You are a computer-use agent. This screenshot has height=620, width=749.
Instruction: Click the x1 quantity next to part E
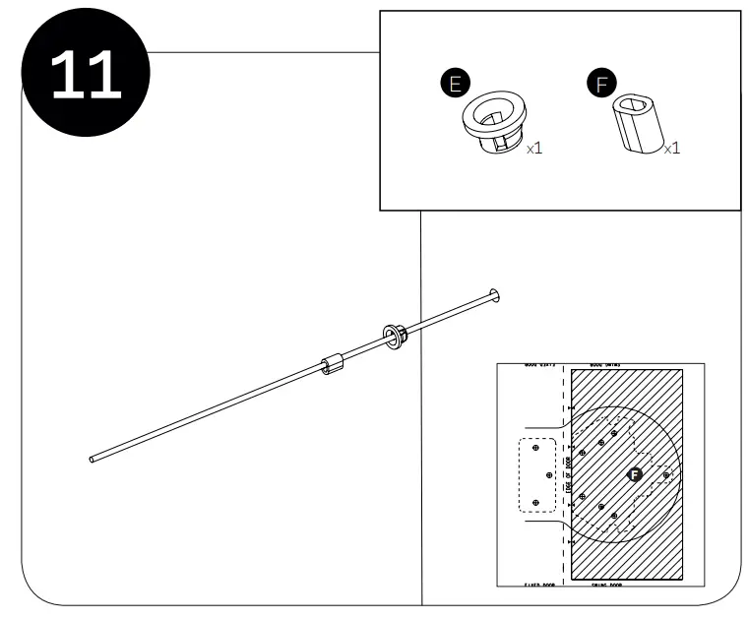tap(535, 149)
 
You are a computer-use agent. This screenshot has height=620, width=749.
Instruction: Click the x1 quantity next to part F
tap(672, 149)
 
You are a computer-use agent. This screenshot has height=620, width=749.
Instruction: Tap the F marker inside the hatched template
tap(635, 474)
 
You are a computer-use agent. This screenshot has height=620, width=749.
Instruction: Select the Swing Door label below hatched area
tap(606, 586)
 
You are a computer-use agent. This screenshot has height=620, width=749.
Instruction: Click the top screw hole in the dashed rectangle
tap(536, 448)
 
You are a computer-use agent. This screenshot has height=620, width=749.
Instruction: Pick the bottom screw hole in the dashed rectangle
tap(536, 502)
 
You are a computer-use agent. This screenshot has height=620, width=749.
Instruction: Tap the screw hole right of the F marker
tap(666, 475)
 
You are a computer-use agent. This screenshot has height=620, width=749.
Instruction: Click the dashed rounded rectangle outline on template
tap(521, 474)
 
